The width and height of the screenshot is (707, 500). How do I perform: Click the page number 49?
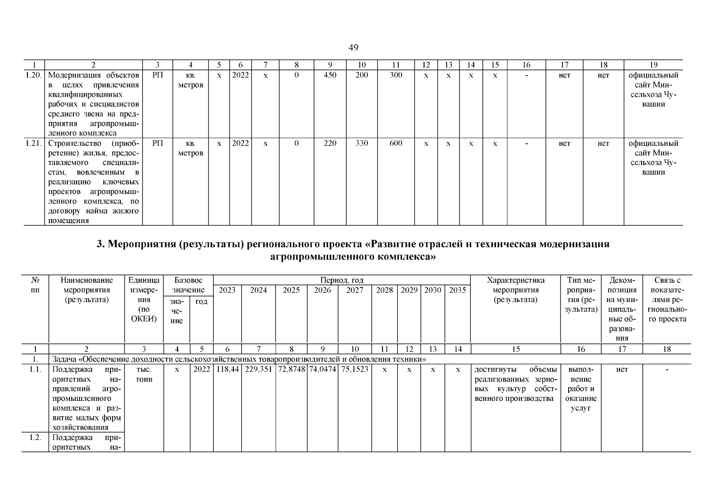click(x=353, y=47)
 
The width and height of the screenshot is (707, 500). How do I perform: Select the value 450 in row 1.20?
click(x=330, y=75)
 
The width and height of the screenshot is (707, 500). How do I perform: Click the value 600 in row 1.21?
click(x=396, y=143)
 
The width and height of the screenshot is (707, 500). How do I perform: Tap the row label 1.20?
click(x=34, y=75)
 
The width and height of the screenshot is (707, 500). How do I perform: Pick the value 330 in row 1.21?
click(x=362, y=143)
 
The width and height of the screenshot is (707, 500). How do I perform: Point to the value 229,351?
click(x=258, y=370)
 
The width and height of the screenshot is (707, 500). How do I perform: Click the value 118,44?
click(x=227, y=370)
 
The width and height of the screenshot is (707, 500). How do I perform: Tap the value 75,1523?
click(x=355, y=370)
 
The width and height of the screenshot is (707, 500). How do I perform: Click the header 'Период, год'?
click(x=342, y=280)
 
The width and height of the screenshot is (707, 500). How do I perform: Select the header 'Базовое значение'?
click(x=188, y=285)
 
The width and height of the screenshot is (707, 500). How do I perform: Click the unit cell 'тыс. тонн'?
click(x=144, y=374)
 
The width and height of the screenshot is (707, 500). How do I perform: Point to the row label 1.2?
click(x=35, y=438)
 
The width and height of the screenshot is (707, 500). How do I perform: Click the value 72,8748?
click(x=291, y=370)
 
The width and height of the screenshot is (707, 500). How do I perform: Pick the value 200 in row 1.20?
click(x=362, y=75)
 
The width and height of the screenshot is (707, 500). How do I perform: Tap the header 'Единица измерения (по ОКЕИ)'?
click(x=144, y=300)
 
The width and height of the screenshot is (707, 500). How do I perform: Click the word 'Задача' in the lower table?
click(x=64, y=359)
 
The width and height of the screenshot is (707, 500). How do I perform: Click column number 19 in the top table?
click(x=653, y=65)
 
